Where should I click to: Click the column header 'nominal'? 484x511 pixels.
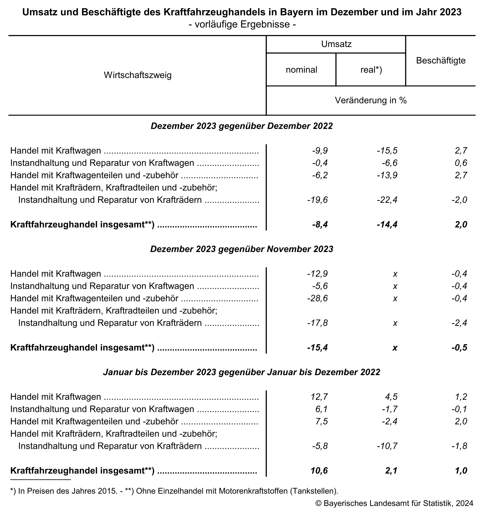click(301, 70)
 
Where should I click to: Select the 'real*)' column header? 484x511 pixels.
click(371, 70)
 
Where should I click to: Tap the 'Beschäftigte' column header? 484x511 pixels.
click(441, 61)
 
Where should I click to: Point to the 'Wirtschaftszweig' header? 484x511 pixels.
click(137, 75)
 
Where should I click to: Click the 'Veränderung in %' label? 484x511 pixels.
click(371, 100)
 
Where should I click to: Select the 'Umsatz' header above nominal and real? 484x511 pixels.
click(336, 44)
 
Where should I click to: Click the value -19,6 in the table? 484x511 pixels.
click(317, 200)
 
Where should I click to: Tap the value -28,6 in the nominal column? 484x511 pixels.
click(317, 299)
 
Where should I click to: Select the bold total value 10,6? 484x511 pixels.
click(319, 471)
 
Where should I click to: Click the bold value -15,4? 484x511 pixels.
click(317, 348)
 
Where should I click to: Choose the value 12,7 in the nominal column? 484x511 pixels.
click(319, 397)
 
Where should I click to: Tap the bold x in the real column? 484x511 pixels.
click(395, 348)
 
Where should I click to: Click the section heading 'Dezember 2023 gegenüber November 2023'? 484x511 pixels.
click(242, 249)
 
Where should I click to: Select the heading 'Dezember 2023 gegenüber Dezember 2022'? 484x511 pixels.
click(242, 126)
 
